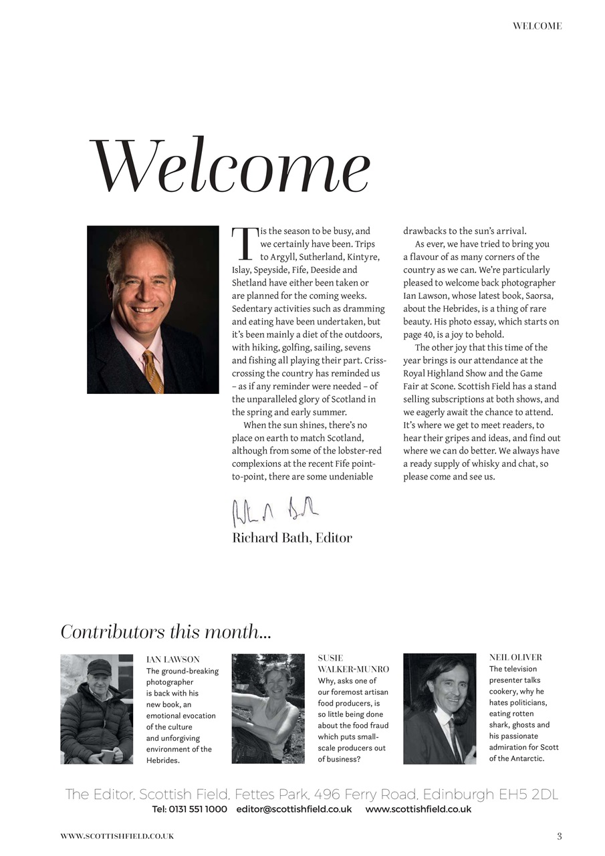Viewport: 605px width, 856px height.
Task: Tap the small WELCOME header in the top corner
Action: (x=537, y=26)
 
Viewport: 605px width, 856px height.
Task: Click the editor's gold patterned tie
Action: (x=153, y=372)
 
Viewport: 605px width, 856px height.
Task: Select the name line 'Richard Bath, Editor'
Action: (x=291, y=538)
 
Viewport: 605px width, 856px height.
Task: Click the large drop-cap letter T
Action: (x=242, y=243)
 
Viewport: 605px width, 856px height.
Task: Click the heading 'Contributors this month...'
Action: (x=166, y=631)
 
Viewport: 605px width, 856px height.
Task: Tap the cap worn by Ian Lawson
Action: (x=99, y=666)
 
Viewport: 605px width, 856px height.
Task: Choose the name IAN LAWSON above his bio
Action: (x=172, y=659)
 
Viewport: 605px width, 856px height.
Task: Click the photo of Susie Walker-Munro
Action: (x=268, y=709)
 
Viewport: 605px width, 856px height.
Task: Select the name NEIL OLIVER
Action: (x=515, y=657)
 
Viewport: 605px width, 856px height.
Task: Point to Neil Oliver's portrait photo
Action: (x=439, y=709)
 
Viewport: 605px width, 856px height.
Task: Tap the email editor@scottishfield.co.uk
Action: (x=294, y=809)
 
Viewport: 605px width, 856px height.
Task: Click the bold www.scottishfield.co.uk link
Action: (x=418, y=809)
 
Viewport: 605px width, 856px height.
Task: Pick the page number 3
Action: (x=560, y=836)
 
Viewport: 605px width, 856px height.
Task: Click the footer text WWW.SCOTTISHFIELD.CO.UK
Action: (x=117, y=836)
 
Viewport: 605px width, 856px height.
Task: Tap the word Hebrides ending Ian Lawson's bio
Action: (x=162, y=760)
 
